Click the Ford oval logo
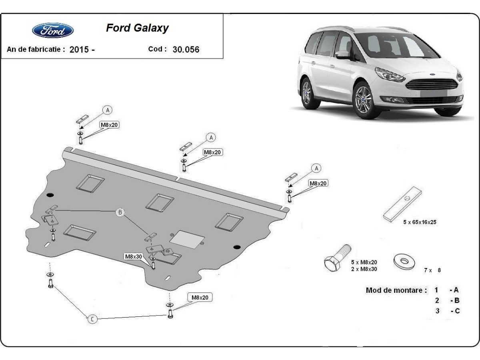click(52, 30)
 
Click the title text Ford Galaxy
click(137, 28)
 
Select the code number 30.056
click(186, 50)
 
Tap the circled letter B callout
click(120, 212)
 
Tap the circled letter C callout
click(92, 319)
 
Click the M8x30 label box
click(133, 256)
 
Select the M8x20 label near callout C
click(200, 297)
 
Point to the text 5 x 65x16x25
click(420, 222)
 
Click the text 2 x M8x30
click(364, 269)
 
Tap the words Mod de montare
click(396, 290)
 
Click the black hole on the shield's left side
click(50, 195)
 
